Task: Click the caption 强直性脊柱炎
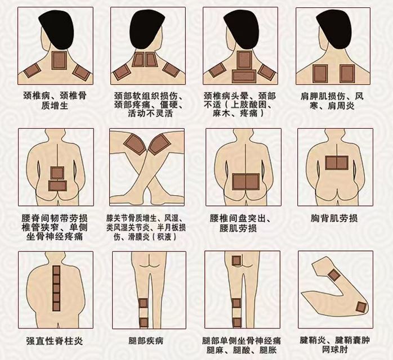tap(55, 341)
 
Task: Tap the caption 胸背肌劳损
tap(334, 218)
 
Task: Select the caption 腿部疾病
tap(146, 341)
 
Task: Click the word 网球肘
tap(335, 349)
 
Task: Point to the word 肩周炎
tap(341, 106)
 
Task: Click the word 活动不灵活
tap(150, 113)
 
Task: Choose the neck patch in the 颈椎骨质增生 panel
tap(59, 60)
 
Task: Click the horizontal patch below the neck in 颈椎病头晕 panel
tap(244, 76)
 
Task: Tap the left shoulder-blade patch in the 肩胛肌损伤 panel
tap(320, 74)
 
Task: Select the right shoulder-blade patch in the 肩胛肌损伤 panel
tap(347, 74)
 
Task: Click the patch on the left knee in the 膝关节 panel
tap(135, 144)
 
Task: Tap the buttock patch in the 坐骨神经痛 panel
tap(236, 260)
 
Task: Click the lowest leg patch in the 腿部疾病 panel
tap(144, 322)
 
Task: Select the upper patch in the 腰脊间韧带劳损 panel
tap(57, 173)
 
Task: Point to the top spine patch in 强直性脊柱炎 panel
tap(56, 271)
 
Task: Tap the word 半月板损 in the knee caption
tap(172, 228)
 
